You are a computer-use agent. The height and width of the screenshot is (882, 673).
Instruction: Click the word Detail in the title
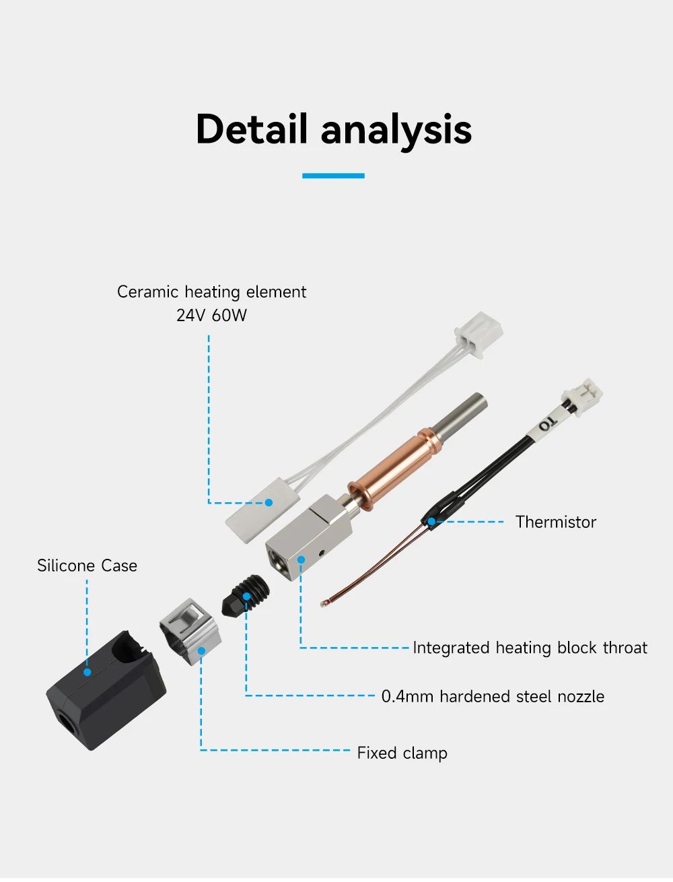(x=251, y=129)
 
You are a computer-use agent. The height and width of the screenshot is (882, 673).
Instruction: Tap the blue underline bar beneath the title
(x=333, y=176)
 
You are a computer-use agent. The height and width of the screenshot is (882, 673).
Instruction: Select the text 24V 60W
(x=211, y=315)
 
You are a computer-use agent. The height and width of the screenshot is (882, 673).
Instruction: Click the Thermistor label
(x=555, y=522)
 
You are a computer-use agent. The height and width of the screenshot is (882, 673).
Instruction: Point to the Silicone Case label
(x=87, y=566)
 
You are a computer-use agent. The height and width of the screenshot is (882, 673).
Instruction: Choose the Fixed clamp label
(x=402, y=753)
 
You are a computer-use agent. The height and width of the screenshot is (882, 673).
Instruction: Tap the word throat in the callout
(x=625, y=648)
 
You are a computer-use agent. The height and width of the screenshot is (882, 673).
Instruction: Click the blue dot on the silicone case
(x=87, y=671)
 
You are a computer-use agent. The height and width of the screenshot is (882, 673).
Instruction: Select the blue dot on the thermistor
(x=431, y=521)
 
